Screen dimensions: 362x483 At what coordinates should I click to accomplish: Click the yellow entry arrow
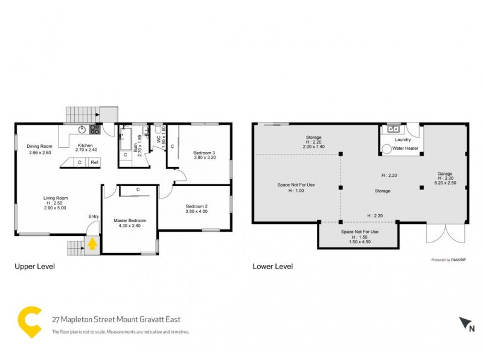[92, 244]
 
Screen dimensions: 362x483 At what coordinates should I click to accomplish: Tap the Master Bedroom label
[130, 221]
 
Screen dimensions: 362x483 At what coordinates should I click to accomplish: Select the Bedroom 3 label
[204, 153]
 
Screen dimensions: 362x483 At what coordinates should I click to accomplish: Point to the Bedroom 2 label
[196, 207]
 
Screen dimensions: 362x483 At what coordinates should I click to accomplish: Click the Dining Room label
[39, 147]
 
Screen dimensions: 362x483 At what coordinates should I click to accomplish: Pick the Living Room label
[55, 198]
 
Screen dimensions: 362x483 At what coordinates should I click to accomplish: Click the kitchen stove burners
[95, 129]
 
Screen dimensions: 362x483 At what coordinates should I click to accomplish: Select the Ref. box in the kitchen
[95, 162]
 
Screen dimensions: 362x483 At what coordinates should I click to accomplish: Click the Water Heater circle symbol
[387, 147]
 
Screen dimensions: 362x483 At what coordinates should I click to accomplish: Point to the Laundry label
[402, 139]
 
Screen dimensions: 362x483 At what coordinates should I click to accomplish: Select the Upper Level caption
[34, 266]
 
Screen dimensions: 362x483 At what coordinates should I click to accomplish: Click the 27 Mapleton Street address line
[116, 319]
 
